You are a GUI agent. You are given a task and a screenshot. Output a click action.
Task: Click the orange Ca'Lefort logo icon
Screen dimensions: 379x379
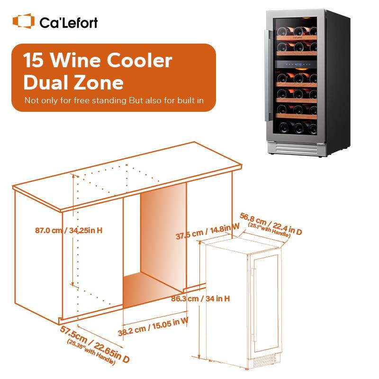tap(23, 21)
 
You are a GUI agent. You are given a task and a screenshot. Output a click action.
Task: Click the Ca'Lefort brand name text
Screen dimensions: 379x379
tap(69, 22)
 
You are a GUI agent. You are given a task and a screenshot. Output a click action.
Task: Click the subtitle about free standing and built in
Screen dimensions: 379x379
tap(114, 100)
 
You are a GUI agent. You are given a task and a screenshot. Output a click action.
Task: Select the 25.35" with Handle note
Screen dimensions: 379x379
tap(91, 353)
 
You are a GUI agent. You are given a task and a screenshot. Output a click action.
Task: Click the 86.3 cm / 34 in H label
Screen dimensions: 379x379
tap(200, 299)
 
